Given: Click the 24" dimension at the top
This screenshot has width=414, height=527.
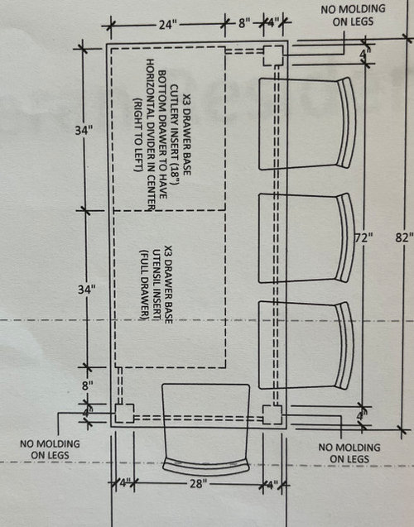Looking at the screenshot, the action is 168,25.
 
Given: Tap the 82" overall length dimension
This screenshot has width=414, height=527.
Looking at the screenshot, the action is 404,237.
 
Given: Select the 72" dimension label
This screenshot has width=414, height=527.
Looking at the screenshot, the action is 364,237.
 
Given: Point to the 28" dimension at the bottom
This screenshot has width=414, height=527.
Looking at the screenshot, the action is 197,484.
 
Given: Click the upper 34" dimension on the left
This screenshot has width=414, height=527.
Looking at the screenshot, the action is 84,131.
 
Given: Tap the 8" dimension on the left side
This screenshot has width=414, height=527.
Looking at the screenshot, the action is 88,386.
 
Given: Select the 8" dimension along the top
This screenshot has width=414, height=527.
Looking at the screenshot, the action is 244,24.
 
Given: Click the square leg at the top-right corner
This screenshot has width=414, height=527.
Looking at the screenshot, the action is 273,55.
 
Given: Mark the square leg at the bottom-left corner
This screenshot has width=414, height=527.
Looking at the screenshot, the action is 124,413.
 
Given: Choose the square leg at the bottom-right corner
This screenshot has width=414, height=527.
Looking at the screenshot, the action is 272,414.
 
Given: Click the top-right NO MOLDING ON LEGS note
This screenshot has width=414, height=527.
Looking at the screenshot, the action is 353,15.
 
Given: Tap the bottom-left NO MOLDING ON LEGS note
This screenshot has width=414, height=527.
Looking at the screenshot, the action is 50,449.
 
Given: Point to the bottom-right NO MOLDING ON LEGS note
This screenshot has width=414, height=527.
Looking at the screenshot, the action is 349,453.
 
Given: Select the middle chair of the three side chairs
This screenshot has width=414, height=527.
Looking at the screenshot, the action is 306,237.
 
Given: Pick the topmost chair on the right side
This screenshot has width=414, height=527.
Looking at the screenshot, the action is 307,123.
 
